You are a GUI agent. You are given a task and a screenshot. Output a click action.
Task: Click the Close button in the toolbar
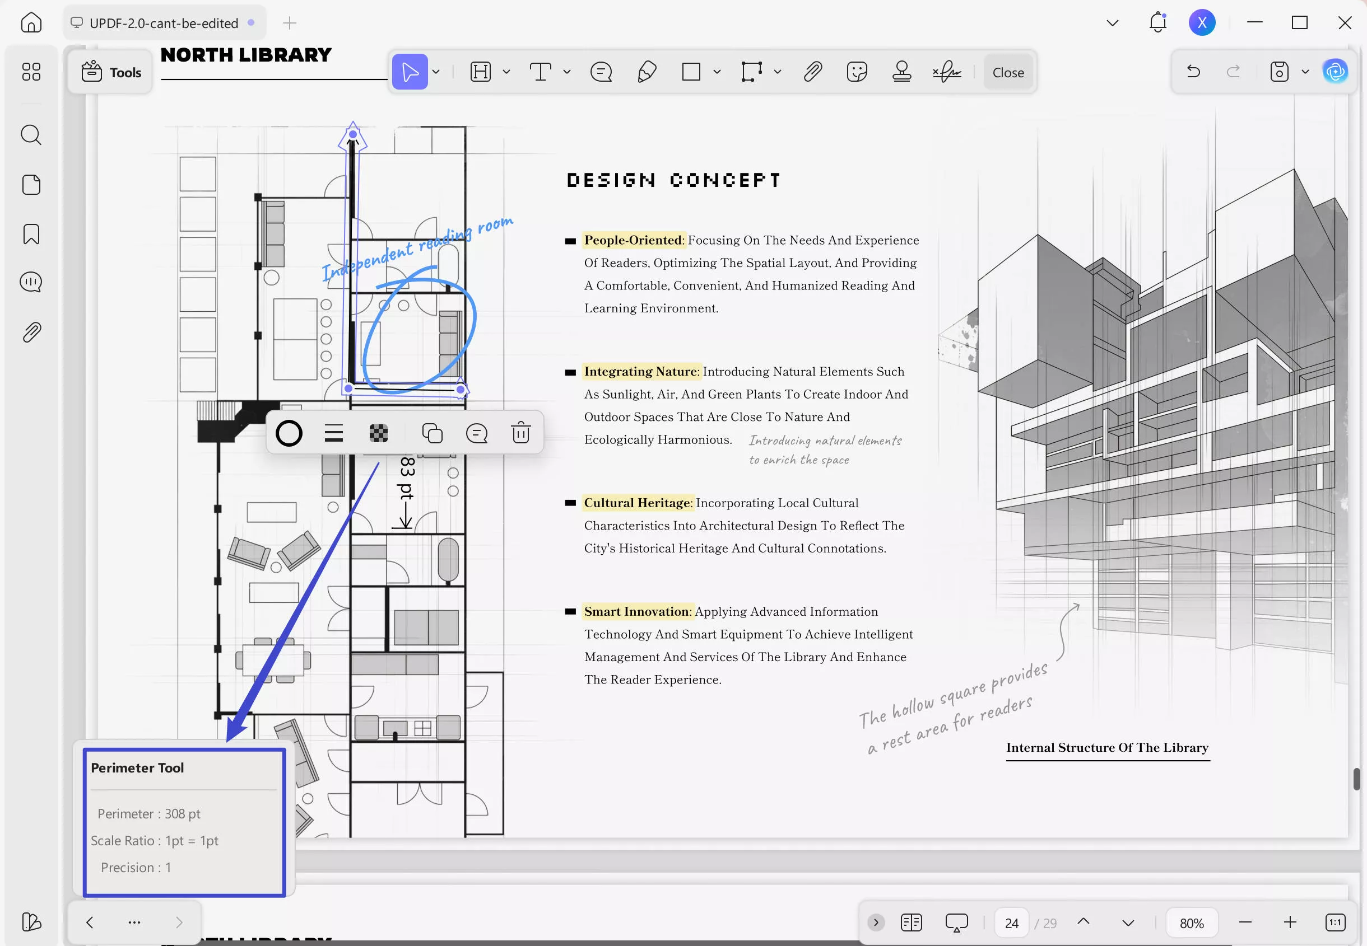(x=1008, y=72)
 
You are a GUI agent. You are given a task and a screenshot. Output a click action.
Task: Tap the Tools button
(x=111, y=72)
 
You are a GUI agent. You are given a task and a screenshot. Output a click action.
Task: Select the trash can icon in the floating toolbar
(x=520, y=433)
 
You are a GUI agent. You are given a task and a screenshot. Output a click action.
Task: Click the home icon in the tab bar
(x=31, y=22)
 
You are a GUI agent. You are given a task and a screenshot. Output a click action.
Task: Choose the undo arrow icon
(x=1193, y=72)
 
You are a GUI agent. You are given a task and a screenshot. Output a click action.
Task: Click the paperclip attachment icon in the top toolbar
(x=812, y=72)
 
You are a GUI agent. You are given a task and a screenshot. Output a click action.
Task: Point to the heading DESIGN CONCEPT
(x=673, y=180)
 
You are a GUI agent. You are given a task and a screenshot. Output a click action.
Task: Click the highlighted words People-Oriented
(x=633, y=240)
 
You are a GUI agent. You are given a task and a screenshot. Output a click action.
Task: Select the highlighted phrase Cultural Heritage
(x=638, y=503)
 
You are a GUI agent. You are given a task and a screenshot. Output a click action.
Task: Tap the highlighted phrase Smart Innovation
(x=637, y=611)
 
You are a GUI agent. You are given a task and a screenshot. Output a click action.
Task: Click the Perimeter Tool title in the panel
(x=137, y=767)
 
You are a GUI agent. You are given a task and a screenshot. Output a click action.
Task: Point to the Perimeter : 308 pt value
(x=149, y=814)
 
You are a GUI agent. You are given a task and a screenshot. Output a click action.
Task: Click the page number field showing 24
(x=1012, y=923)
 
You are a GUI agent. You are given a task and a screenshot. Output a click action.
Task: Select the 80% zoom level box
(x=1192, y=923)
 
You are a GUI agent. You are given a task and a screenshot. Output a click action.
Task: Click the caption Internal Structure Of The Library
(x=1107, y=747)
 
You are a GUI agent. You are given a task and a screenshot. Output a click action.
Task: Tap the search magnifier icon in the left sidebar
(x=31, y=135)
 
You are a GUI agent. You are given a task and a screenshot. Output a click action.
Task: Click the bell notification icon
(x=1157, y=22)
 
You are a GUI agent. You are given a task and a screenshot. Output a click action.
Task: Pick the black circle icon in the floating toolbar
(x=289, y=433)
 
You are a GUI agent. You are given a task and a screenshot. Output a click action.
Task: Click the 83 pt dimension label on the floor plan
(x=407, y=477)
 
